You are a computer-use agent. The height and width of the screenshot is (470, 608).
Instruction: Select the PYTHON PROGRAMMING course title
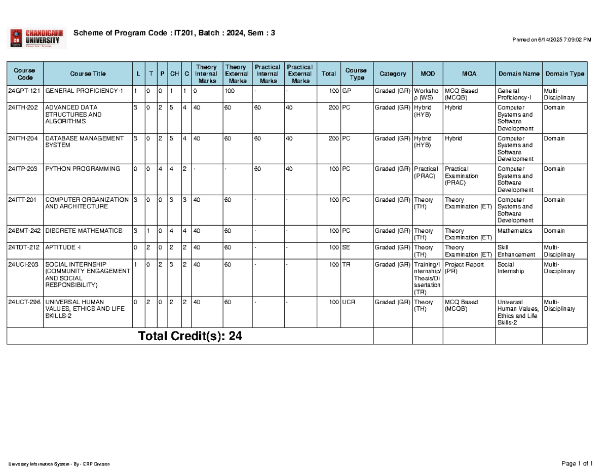coord(83,169)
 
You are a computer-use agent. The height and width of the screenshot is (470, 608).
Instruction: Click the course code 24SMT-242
coord(24,231)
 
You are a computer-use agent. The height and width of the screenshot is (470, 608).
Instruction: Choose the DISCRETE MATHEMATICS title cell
coord(84,231)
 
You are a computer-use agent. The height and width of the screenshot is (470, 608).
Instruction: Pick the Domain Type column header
coord(564,74)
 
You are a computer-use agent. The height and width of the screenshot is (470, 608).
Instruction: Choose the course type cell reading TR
coord(347,264)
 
